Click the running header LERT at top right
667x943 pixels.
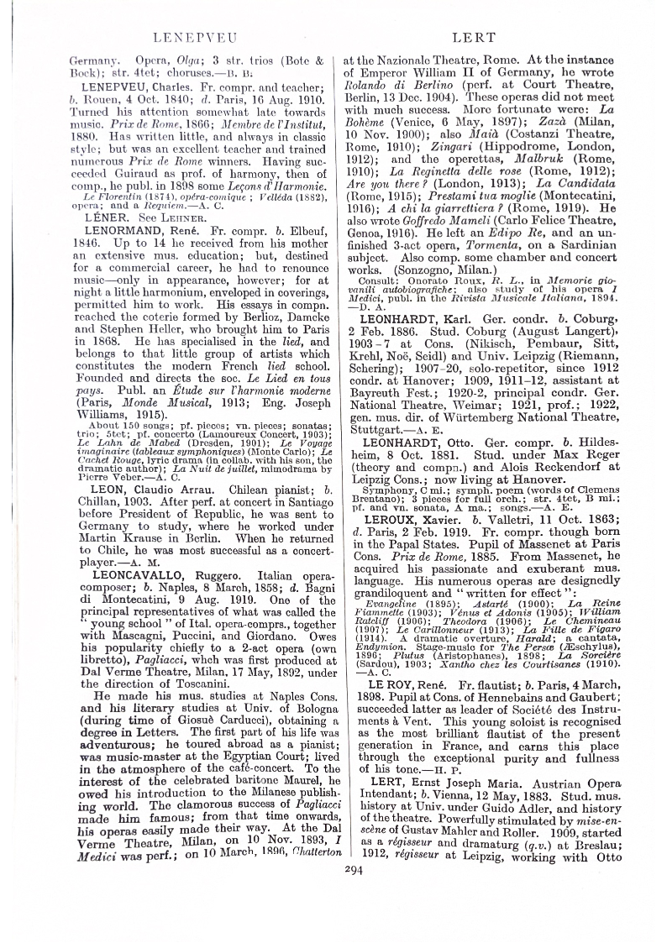[476, 38]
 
